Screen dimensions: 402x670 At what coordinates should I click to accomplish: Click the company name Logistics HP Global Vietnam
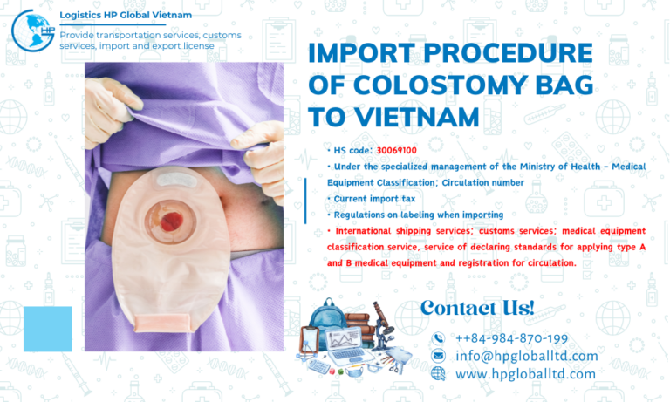tap(125, 16)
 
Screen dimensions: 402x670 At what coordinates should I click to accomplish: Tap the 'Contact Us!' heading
tap(478, 307)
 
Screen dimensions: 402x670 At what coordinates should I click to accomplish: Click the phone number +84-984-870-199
tap(511, 338)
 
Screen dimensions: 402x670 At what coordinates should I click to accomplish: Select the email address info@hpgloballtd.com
tap(527, 356)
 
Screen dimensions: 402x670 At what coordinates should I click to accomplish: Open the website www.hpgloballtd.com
tap(525, 374)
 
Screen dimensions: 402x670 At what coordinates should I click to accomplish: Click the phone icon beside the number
tap(438, 338)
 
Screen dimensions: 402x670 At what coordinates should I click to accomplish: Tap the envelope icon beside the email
tap(438, 356)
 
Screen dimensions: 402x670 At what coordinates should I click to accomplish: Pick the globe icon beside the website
tap(438, 374)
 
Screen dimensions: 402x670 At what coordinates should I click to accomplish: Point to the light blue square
tap(47, 328)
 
